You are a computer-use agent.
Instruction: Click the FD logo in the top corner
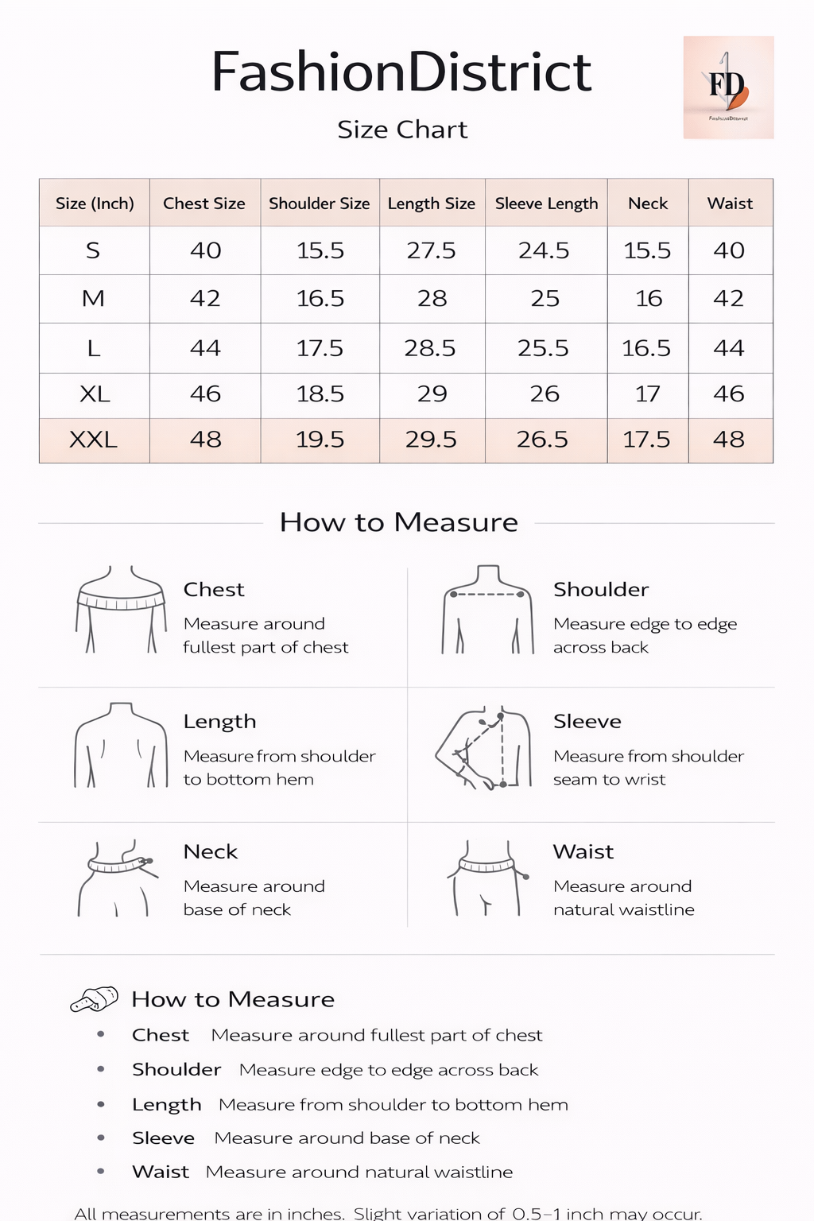point(728,87)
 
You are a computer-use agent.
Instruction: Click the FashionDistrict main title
point(401,72)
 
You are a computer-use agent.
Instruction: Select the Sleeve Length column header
point(546,203)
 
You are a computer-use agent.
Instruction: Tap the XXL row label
point(93,440)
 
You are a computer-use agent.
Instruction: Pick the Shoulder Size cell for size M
point(320,299)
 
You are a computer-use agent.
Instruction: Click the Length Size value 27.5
point(431,251)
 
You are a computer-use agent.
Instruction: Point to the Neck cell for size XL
point(647,394)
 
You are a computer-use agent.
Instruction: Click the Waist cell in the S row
point(729,251)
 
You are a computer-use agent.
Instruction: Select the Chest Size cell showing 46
point(205,394)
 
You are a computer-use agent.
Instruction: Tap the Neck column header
point(648,203)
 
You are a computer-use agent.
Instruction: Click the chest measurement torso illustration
point(121,610)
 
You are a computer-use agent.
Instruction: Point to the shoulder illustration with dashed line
point(487,610)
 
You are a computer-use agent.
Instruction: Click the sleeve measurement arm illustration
point(483,747)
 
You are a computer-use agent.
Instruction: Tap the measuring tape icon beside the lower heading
point(94,999)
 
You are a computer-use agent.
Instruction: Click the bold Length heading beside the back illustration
point(219,722)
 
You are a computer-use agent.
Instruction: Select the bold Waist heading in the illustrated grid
point(583,852)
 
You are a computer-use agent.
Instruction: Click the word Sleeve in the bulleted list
point(163,1138)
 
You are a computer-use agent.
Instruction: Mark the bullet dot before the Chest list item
point(101,1035)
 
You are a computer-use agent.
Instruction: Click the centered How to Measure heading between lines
point(398,522)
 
